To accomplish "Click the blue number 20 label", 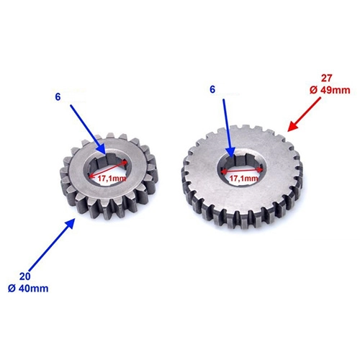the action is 25,276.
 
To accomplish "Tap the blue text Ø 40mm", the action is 28,288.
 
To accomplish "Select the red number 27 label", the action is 327,78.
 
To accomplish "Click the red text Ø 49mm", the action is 330,90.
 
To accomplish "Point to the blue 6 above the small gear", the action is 58,96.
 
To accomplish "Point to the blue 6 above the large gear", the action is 212,89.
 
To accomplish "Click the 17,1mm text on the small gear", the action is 112,179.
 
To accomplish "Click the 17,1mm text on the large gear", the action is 243,179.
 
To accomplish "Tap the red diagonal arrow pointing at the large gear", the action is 304,114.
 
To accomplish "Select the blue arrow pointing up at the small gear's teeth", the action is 52,244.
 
